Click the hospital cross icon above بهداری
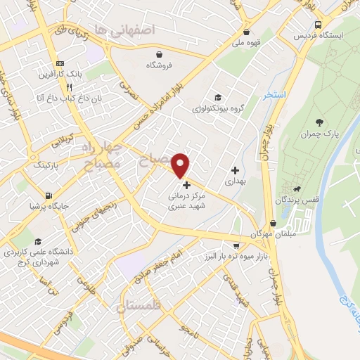click(235, 170)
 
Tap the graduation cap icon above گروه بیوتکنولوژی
click(218, 97)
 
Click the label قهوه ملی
click(245, 42)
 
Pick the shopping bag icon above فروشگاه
click(160, 54)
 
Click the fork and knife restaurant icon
click(69, 87)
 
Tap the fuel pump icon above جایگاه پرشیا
click(47, 195)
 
